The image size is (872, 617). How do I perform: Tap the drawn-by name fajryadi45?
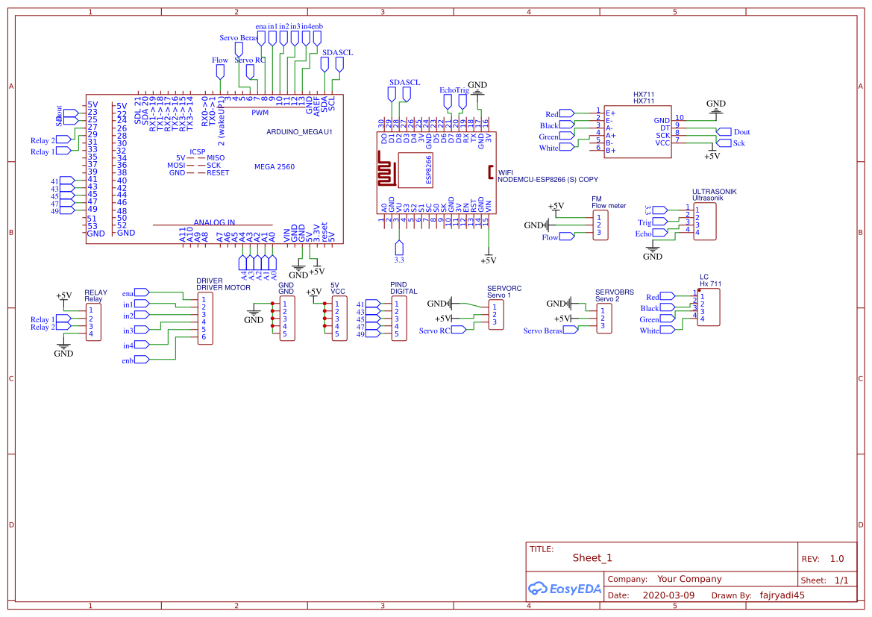click(x=782, y=595)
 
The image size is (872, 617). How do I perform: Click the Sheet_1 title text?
click(x=592, y=557)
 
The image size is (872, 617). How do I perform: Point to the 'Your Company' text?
click(x=689, y=579)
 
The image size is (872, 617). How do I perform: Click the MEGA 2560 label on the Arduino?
click(x=274, y=166)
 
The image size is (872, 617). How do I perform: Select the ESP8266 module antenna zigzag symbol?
click(x=386, y=171)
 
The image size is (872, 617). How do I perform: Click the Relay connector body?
click(x=93, y=322)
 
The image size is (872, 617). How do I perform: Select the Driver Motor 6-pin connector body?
click(x=204, y=318)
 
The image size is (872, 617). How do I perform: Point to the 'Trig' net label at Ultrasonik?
click(x=644, y=222)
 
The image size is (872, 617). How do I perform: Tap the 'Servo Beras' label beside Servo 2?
click(x=543, y=331)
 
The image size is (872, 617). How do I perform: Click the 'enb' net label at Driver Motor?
click(x=128, y=361)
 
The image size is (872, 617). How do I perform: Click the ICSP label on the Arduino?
click(x=197, y=151)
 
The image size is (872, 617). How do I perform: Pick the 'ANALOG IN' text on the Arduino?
click(x=214, y=222)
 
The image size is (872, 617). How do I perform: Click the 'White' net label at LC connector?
click(x=649, y=331)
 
